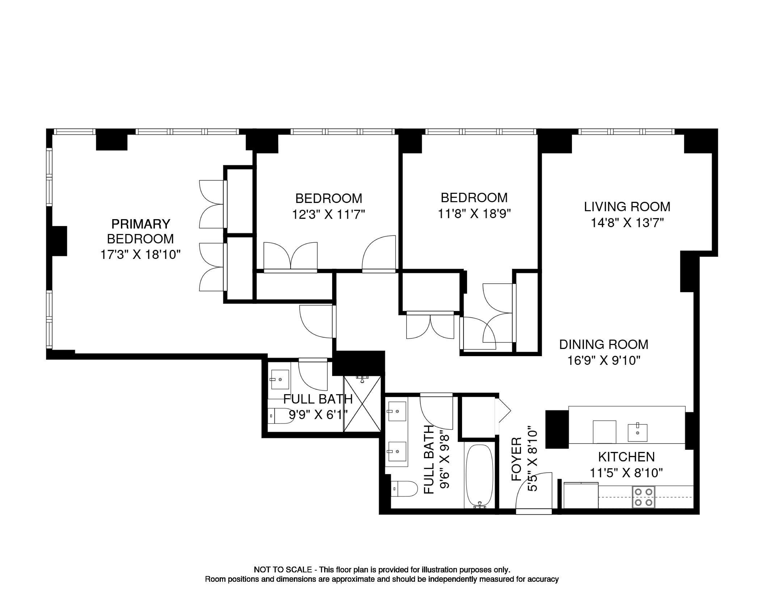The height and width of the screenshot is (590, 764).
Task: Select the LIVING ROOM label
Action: tap(627, 207)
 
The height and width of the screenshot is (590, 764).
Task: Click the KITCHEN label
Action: tap(626, 457)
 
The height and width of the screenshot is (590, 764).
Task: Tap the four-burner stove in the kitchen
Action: tap(644, 497)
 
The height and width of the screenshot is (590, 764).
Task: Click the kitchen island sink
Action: tap(637, 433)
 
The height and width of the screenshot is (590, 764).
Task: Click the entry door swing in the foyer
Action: tap(534, 491)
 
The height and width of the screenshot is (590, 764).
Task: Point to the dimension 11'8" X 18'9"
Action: tap(474, 214)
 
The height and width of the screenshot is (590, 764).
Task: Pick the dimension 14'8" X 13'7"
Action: tap(627, 223)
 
